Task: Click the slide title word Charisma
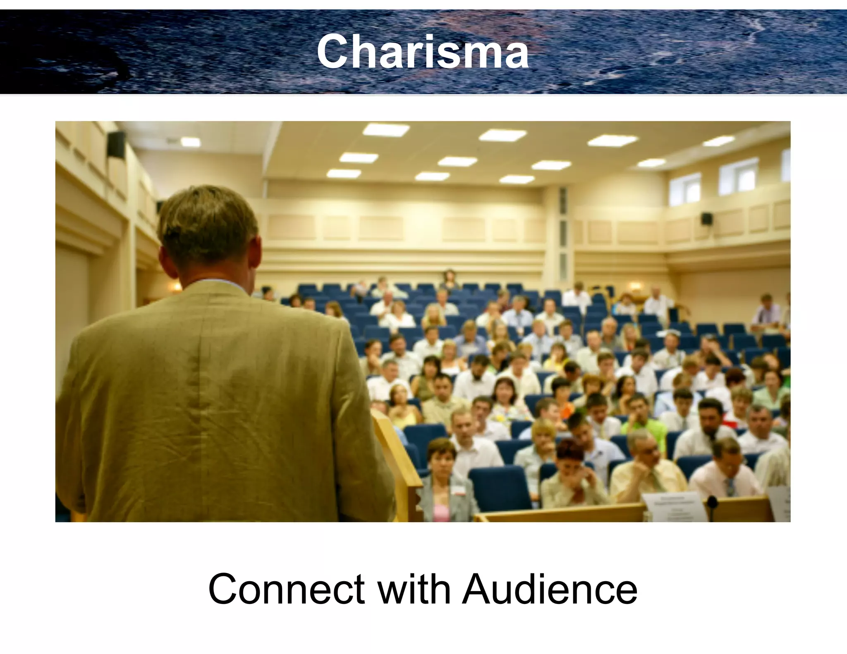point(423,52)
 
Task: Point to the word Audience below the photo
point(550,589)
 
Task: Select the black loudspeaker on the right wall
point(706,218)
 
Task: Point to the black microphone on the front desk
point(712,503)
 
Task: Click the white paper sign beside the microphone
point(674,506)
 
